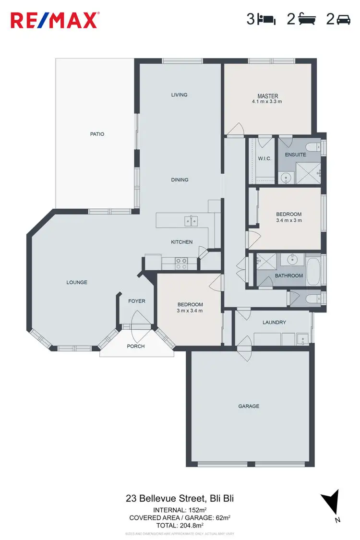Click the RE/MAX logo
click(55, 20)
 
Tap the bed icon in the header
click(266, 20)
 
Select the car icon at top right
click(344, 20)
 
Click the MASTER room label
click(267, 96)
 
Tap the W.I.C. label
click(264, 159)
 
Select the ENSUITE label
click(295, 155)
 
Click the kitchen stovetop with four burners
click(181, 263)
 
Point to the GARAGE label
click(249, 406)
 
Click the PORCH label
click(135, 346)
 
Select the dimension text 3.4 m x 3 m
click(288, 220)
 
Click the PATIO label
click(97, 134)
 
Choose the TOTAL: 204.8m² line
click(179, 525)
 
